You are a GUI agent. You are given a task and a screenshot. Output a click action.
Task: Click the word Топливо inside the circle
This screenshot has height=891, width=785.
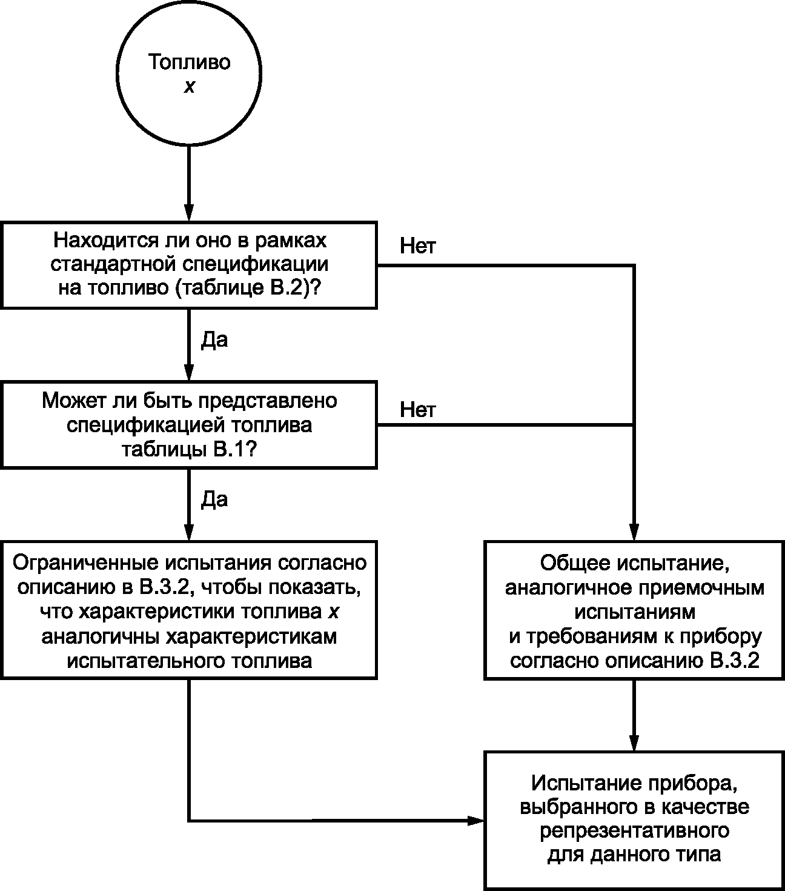190,62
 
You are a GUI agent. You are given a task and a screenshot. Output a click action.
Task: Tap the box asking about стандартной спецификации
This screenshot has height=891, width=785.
189,265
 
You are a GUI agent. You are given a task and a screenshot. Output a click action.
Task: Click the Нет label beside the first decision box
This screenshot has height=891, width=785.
417,247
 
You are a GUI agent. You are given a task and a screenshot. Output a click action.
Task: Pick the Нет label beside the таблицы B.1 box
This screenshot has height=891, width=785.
417,410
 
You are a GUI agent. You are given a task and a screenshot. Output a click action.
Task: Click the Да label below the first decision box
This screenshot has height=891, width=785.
214,340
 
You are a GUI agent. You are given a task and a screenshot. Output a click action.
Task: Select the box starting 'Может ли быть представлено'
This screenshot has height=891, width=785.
189,424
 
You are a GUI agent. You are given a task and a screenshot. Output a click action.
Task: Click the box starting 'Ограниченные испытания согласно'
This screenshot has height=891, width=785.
189,610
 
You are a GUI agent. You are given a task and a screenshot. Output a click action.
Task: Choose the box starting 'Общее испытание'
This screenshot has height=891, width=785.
634,610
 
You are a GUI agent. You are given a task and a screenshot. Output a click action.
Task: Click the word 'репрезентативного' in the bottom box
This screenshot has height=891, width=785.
634,830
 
